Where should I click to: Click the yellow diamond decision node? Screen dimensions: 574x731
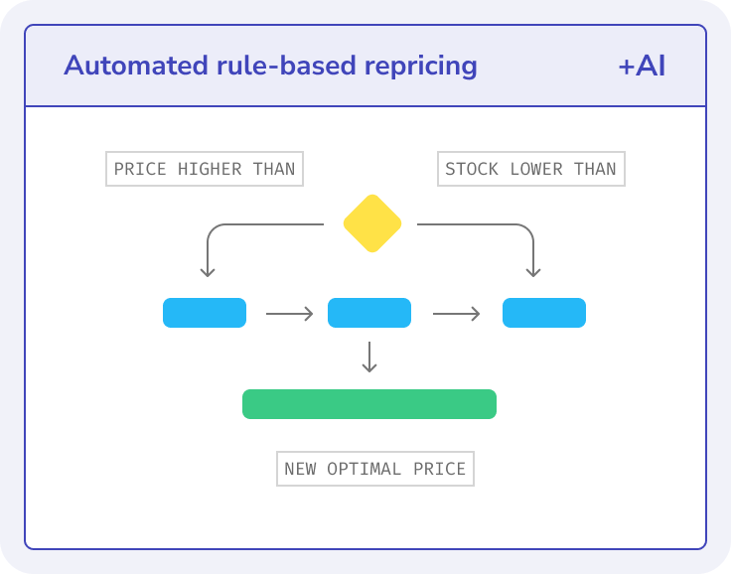tap(371, 223)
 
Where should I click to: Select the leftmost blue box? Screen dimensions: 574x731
tap(205, 313)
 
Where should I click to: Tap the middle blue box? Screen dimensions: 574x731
tap(369, 313)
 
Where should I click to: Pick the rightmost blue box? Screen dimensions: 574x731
tap(543, 313)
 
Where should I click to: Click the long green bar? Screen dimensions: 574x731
tap(369, 404)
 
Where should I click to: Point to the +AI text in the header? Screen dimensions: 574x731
tap(641, 67)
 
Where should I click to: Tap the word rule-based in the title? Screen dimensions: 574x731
tap(277, 67)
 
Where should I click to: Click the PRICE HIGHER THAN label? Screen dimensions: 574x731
tap(205, 169)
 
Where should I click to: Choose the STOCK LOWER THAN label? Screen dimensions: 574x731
tap(530, 169)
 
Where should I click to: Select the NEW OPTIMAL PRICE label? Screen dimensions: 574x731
tap(374, 469)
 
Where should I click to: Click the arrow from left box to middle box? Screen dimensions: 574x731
tap(289, 314)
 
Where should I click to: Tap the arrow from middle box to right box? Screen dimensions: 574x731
tap(456, 314)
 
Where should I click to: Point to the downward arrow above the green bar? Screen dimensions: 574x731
tap(369, 357)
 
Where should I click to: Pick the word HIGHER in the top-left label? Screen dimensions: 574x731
tap(210, 169)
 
